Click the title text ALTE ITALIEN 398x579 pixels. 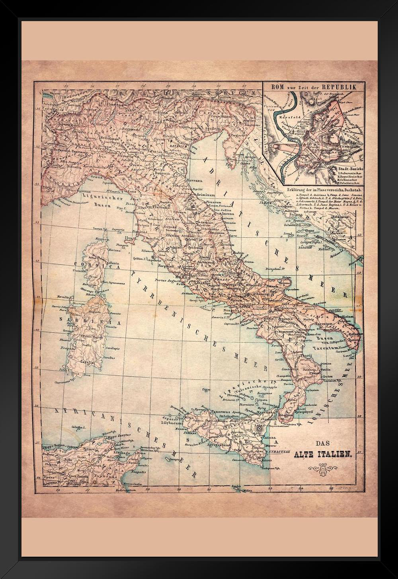[322, 454]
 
